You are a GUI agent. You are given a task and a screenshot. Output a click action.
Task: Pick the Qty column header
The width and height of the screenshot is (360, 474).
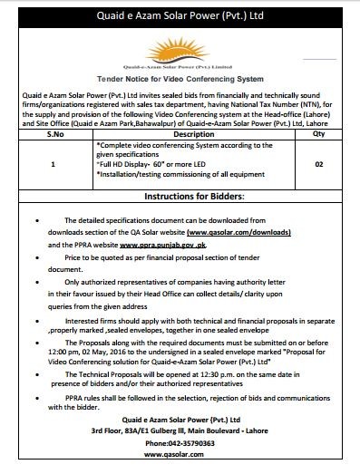click(x=318, y=132)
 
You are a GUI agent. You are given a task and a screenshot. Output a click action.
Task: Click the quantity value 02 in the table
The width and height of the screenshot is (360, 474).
click(x=318, y=165)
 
